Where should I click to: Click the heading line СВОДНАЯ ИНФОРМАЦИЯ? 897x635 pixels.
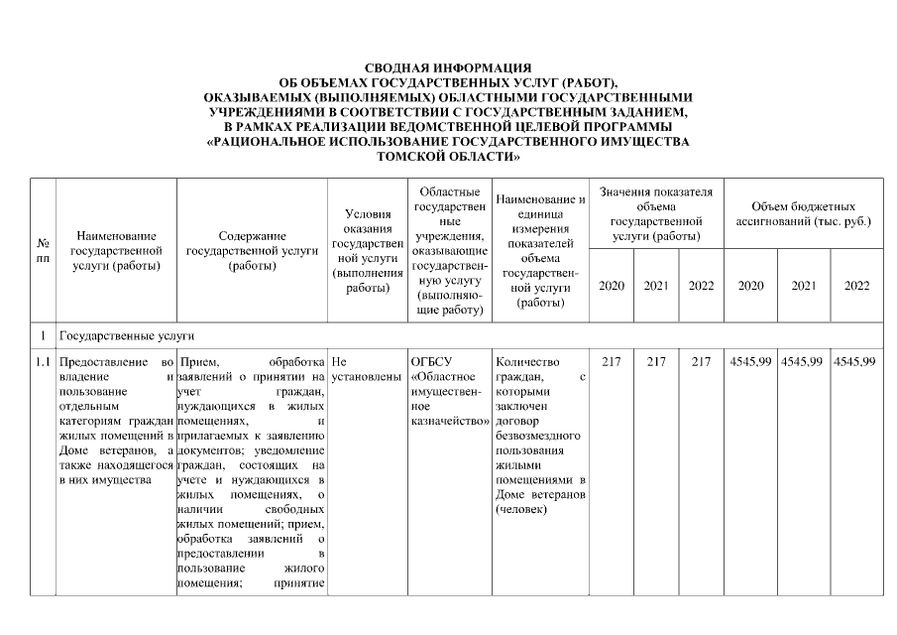(x=448, y=66)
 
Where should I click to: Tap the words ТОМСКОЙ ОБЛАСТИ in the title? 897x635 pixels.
(x=448, y=157)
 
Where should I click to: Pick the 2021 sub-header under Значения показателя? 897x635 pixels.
(x=656, y=286)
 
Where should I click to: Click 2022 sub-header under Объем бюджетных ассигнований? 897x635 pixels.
(x=856, y=286)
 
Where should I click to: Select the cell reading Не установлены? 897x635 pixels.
(x=365, y=369)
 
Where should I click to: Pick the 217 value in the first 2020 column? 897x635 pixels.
(x=612, y=362)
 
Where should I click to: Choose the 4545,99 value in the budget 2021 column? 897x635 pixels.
(x=803, y=362)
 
